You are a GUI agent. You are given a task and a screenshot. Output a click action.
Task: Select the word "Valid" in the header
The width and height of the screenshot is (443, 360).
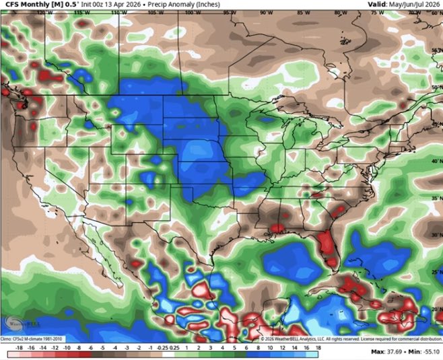click(377, 5)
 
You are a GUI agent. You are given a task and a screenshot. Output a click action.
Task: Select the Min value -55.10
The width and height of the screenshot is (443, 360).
click(426, 352)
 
